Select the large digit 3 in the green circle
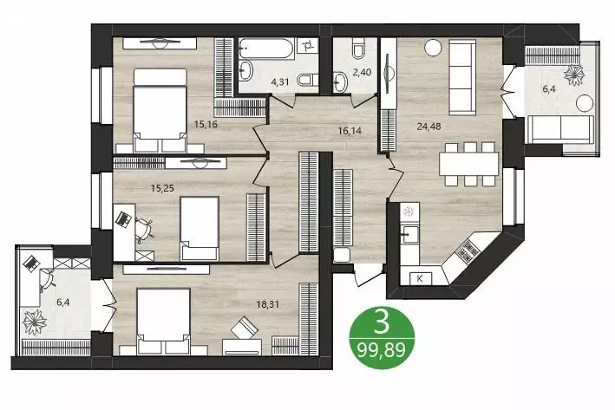click(x=380, y=323)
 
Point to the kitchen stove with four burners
click(x=468, y=254)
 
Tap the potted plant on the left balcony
click(x=36, y=322)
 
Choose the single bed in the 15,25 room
click(x=199, y=227)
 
